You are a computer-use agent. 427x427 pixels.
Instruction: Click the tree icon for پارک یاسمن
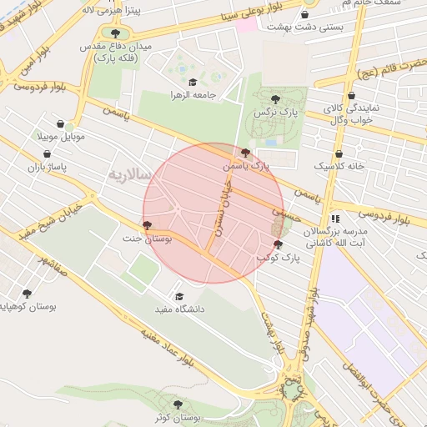[244, 153]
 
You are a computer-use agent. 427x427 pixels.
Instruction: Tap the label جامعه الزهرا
[193, 94]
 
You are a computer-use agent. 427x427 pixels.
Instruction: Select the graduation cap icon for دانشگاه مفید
[178, 296]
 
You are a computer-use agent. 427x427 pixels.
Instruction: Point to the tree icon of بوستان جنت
[148, 225]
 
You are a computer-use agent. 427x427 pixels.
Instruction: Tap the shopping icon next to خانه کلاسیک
[339, 153]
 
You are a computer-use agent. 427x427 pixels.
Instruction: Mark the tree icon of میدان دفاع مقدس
[114, 33]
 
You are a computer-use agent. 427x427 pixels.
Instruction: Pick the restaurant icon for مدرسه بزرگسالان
[335, 219]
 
